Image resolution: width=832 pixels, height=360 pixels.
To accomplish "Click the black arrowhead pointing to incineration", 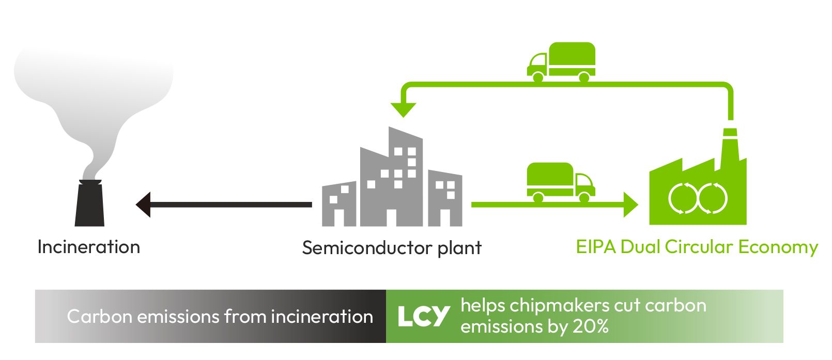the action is click(x=143, y=205).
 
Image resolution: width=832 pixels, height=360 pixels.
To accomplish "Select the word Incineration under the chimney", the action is click(x=89, y=247).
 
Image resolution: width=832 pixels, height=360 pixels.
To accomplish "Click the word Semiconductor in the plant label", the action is click(x=368, y=248).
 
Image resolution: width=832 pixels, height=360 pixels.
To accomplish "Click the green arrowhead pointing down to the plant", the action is click(x=404, y=110).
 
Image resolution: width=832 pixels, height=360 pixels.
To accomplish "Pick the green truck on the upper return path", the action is click(x=561, y=62).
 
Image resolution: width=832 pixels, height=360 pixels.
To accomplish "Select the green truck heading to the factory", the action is click(x=561, y=182).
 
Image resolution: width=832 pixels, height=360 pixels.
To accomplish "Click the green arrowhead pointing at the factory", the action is click(x=631, y=205).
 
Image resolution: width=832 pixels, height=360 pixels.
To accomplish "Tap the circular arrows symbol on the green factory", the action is click(x=698, y=198).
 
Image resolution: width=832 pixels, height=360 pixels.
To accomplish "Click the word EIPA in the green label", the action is click(x=596, y=247).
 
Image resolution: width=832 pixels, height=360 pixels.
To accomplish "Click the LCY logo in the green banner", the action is click(x=424, y=317).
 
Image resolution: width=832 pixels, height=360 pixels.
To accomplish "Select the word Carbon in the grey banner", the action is click(x=100, y=317).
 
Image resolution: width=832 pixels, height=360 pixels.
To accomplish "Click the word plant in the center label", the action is click(x=460, y=248).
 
